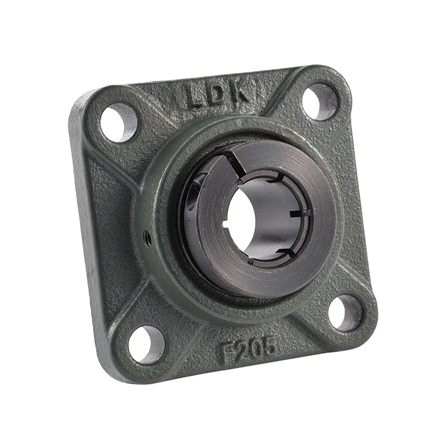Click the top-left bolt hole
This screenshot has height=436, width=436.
point(119,122)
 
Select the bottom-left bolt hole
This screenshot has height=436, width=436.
point(146,345)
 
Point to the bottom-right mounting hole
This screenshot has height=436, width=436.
point(345,313)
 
